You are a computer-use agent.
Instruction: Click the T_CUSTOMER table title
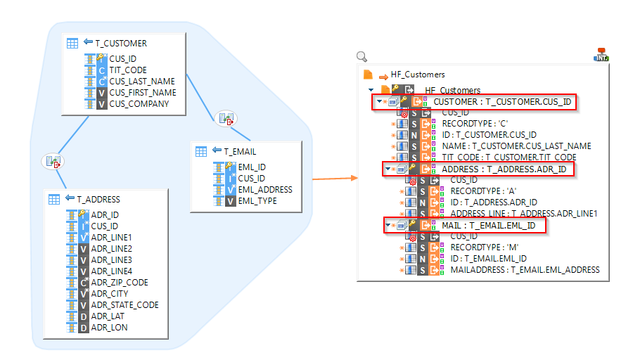tap(120, 43)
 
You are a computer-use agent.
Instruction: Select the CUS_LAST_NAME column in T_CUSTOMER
tap(141, 82)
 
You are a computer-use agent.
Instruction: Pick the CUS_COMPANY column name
tap(139, 104)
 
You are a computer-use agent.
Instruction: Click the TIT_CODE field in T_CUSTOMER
tap(128, 70)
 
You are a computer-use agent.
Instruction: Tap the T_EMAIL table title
tap(240, 151)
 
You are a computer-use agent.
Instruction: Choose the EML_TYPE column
tap(257, 201)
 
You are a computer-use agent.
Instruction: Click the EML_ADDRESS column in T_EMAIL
tap(264, 190)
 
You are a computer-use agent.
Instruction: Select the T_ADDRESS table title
tap(98, 199)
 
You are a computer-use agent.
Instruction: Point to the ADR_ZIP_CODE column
tap(120, 283)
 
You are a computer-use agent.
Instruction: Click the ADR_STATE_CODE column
tap(124, 305)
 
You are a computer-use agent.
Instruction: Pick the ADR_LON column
tap(109, 328)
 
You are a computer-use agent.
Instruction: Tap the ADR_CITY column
tap(110, 294)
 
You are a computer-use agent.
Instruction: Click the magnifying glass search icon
tap(362, 57)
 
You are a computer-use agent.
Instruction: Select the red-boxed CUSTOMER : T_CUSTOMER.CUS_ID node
tap(502, 102)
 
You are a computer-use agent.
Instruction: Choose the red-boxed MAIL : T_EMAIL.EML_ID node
tap(493, 226)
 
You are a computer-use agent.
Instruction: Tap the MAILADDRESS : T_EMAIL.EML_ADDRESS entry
tap(525, 269)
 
